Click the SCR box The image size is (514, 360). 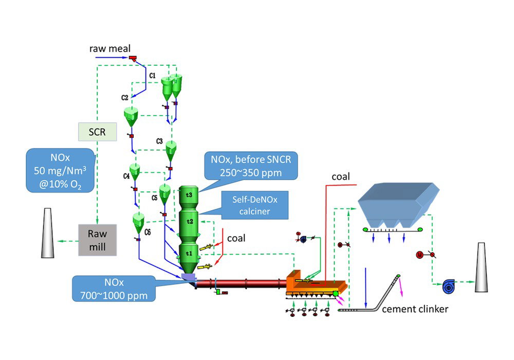pos(97,132)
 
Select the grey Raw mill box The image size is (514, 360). pos(97,240)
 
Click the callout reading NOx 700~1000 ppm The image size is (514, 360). pos(115,290)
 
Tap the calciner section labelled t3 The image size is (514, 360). pos(189,195)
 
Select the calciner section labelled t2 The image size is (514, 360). pos(189,221)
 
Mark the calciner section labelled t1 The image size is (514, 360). pos(189,253)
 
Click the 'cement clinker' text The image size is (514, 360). pos(415,310)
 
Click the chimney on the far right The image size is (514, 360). pos(481,267)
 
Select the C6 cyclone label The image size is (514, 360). pos(148,232)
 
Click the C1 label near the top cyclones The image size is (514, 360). pos(152,76)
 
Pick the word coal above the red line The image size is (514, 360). pos(340,177)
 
